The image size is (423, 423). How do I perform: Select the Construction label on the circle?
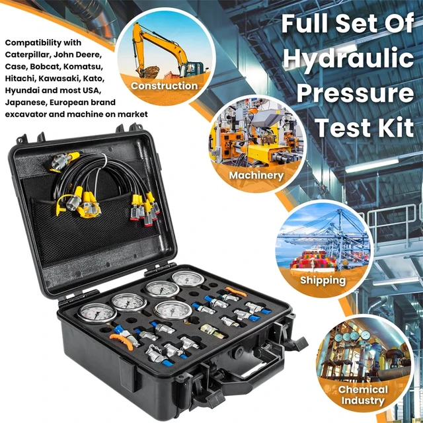pyautogui.click(x=165, y=86)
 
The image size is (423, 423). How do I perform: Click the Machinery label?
pyautogui.click(x=256, y=176)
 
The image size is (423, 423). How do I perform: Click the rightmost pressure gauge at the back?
pyautogui.click(x=189, y=280)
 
